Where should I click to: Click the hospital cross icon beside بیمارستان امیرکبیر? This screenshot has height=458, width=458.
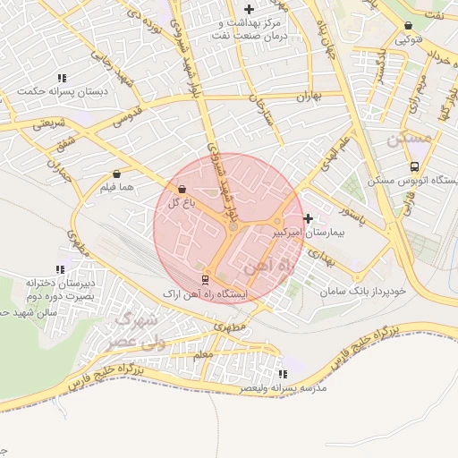coord(309,218)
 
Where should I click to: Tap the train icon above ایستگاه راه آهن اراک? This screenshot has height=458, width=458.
coord(205,278)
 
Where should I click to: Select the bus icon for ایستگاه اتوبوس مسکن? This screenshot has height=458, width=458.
coord(413,166)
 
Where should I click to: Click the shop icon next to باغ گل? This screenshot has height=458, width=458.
coord(182,189)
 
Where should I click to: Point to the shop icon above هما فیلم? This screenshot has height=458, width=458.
coord(117,174)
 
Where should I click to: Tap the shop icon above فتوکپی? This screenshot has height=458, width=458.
coord(409,26)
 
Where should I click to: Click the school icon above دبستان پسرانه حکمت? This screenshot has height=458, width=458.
coord(61,78)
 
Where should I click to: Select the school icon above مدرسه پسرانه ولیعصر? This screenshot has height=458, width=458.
coord(283,374)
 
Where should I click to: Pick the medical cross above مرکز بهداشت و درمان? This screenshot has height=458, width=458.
coord(249,8)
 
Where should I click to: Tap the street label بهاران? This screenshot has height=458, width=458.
coord(306,95)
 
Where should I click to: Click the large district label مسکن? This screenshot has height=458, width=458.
coord(411,139)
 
